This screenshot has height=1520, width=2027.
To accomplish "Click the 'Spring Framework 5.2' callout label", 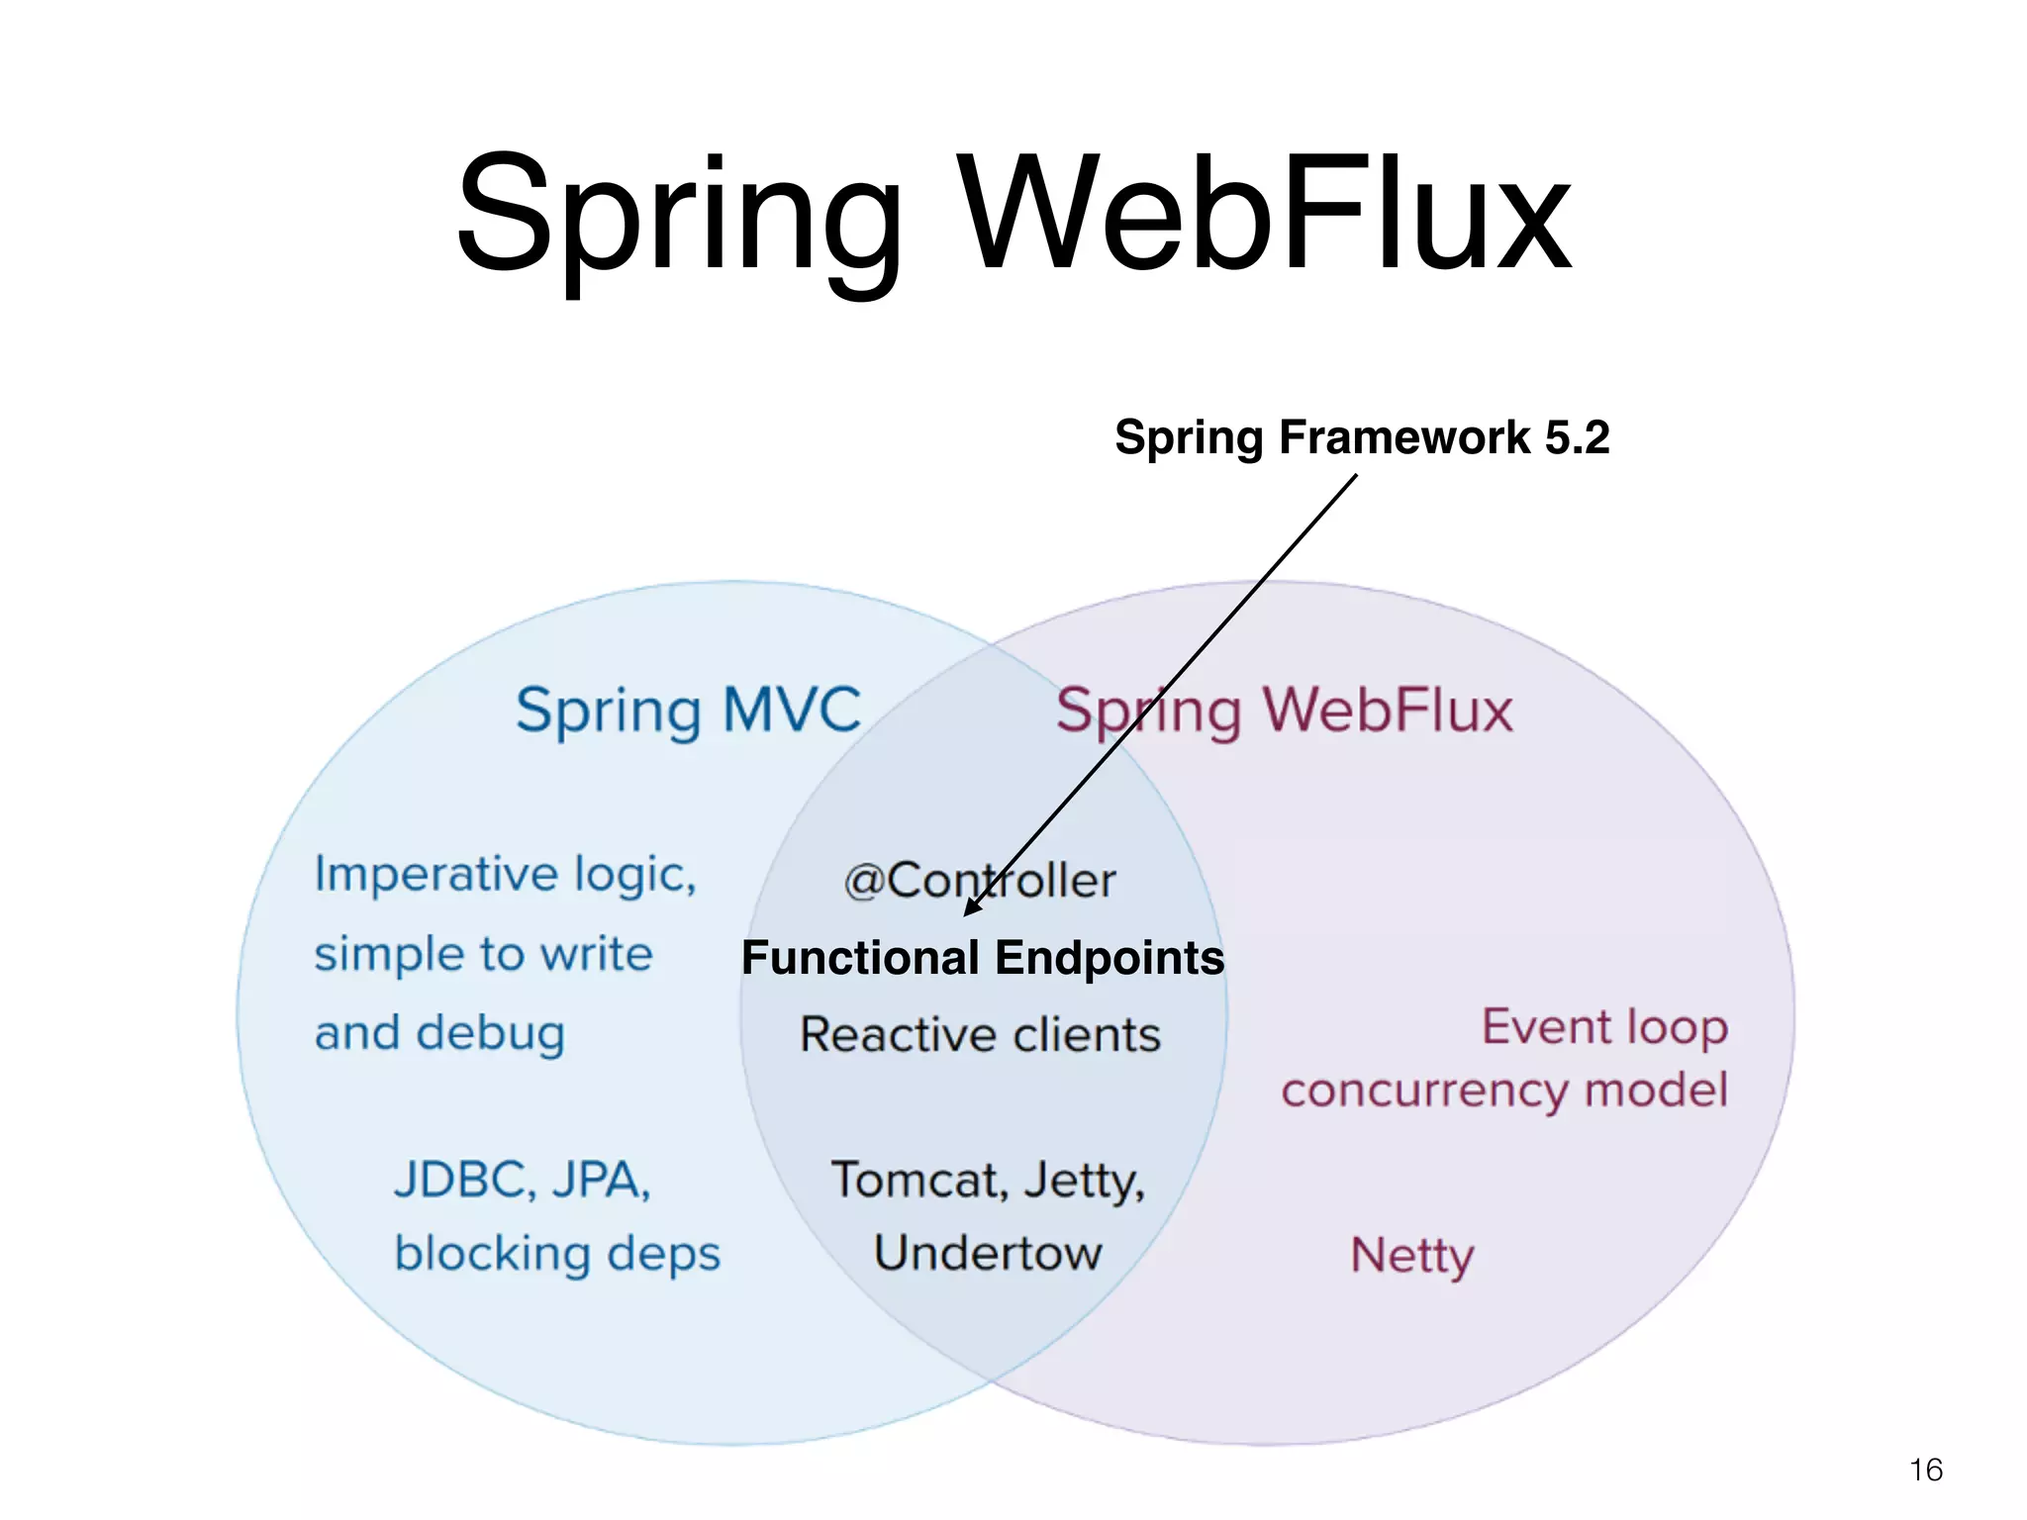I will [x=1362, y=437].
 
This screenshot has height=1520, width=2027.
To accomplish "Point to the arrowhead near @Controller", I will [x=972, y=906].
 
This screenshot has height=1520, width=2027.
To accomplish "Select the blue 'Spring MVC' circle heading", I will [x=689, y=711].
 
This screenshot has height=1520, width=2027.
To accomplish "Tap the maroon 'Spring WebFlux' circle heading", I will [x=1285, y=711].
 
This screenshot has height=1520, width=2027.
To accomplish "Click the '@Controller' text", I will [x=980, y=880].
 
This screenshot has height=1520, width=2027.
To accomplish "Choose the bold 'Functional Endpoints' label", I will [x=983, y=958].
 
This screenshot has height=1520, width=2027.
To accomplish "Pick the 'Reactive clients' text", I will [x=980, y=1035].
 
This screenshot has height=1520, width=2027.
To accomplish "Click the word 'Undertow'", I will [x=988, y=1253].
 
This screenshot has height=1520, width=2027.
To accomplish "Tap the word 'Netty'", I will [x=1412, y=1256].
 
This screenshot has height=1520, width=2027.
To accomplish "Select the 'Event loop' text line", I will [x=1604, y=1027].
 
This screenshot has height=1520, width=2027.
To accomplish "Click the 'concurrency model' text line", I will [x=1504, y=1091].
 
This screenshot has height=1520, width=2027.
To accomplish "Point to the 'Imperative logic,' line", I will [x=506, y=875].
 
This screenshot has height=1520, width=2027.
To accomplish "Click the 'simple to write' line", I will [x=484, y=954].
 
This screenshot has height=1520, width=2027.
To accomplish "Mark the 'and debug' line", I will [x=440, y=1033].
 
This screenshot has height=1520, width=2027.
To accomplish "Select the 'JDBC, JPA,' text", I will [x=523, y=1180].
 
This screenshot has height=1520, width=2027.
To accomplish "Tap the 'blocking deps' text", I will [x=557, y=1254].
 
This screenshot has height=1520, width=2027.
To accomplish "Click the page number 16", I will [x=1926, y=1470].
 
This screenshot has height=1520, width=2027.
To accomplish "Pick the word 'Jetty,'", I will [x=1084, y=1181].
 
